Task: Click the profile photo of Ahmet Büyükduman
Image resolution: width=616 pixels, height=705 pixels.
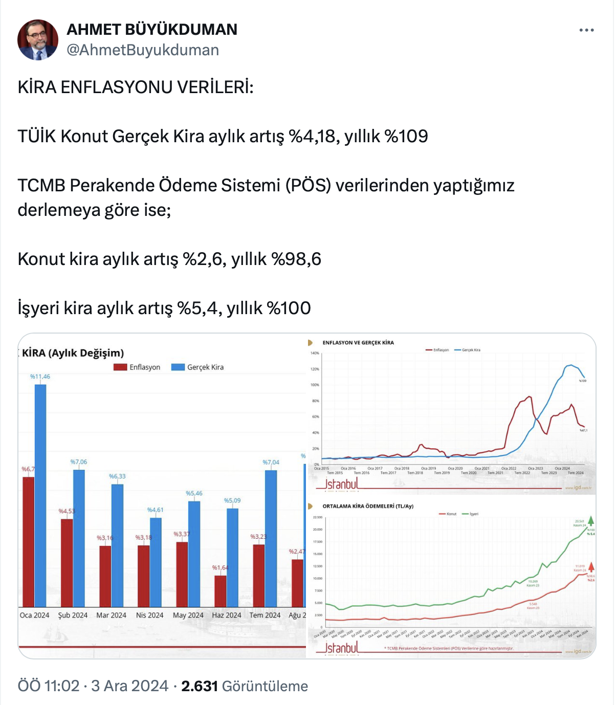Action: click(38, 40)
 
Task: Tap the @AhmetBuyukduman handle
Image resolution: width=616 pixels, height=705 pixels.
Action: click(143, 50)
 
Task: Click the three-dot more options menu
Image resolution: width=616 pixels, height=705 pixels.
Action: click(586, 30)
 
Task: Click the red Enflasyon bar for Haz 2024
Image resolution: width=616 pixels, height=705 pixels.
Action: click(220, 590)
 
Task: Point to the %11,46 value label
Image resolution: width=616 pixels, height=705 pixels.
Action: click(40, 377)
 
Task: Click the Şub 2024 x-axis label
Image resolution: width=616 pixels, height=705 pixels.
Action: click(73, 615)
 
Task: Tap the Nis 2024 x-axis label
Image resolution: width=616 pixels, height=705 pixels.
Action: click(149, 615)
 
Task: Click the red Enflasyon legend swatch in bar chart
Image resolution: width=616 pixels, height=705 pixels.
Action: click(120, 367)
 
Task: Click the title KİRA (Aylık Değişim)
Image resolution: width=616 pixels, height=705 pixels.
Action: click(73, 353)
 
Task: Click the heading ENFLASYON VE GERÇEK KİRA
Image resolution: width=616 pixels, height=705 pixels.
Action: click(358, 343)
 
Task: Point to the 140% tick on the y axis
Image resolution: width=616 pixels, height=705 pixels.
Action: click(315, 353)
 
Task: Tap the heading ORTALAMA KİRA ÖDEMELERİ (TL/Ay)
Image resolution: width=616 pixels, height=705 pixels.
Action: click(367, 506)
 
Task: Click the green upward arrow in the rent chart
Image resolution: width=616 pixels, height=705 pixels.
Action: click(591, 521)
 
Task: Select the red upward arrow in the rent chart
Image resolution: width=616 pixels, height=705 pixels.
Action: click(591, 567)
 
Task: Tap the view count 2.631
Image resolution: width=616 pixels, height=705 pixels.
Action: click(200, 686)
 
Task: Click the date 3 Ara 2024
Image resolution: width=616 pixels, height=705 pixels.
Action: click(129, 686)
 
